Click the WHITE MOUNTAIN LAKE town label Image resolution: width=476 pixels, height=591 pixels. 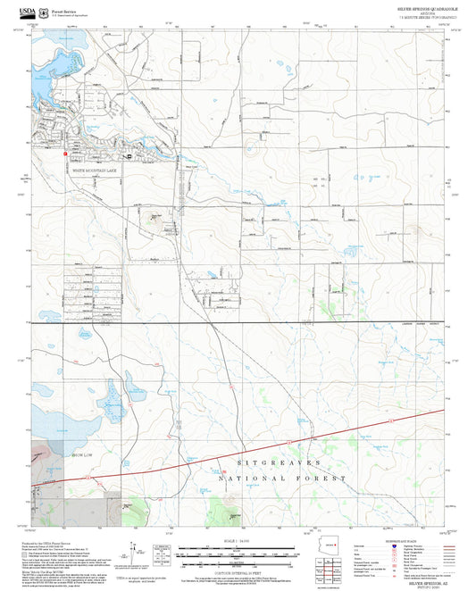tap(94, 169)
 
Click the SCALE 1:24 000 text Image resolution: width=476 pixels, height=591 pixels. tap(237, 542)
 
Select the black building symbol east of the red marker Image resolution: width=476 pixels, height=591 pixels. tap(129, 156)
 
